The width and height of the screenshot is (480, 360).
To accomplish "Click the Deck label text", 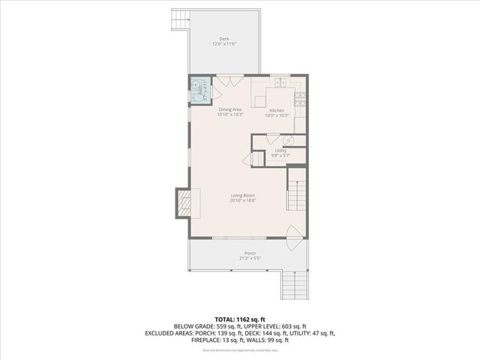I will coord(224,39).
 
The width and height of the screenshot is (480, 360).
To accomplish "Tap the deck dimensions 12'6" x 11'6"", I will coord(224,44).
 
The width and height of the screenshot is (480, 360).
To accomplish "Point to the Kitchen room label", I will coord(277,110).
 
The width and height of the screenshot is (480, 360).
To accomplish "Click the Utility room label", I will coord(280,151).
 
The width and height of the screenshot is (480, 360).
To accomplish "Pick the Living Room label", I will coord(244,196).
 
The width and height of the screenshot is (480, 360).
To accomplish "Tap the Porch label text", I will coord(250,253).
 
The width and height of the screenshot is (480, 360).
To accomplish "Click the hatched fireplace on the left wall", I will coord(184,202).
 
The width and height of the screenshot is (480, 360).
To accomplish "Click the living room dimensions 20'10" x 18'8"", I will coord(244,201).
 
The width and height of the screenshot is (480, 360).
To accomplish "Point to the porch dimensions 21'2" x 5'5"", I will coord(250,258).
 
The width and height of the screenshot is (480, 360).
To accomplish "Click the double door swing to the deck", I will coord(227,86).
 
